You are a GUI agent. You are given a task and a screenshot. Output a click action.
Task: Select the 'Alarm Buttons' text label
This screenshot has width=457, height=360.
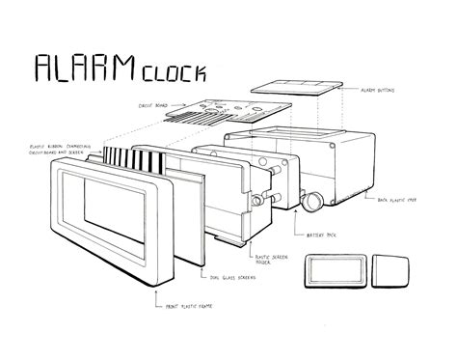point(380,90)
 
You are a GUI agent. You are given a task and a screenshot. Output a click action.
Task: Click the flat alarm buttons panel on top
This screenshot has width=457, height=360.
point(303,86)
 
